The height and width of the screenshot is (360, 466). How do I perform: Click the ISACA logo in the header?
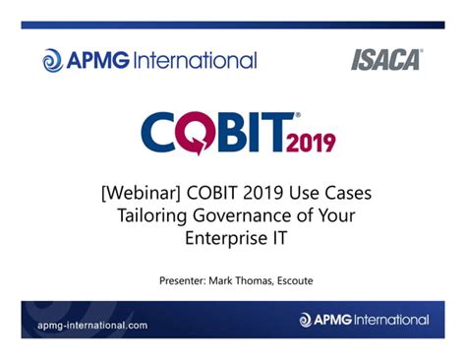(x=386, y=60)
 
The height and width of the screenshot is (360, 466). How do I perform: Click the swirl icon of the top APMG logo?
(x=52, y=61)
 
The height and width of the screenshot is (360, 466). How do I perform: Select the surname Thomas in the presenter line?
(x=265, y=280)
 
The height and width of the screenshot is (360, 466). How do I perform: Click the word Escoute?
(x=309, y=280)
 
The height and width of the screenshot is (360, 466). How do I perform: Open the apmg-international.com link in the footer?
(x=92, y=324)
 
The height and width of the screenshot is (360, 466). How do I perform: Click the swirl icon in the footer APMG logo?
(x=305, y=321)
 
